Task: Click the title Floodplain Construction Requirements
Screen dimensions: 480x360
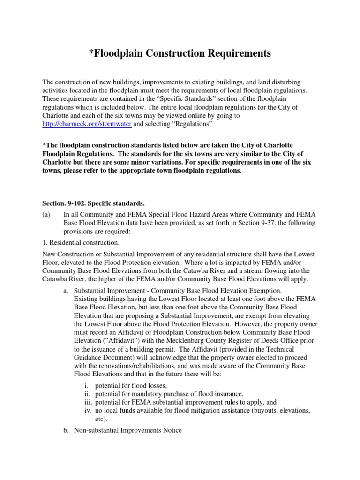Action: point(180,53)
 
